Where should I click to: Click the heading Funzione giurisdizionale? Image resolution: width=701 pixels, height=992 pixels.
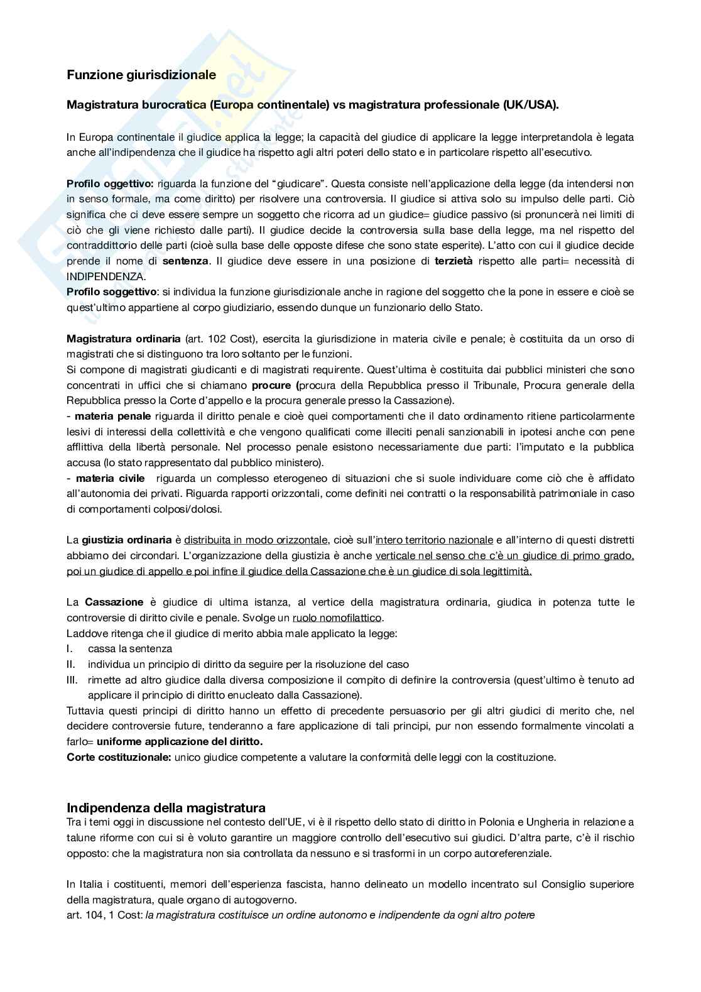pyautogui.click(x=141, y=75)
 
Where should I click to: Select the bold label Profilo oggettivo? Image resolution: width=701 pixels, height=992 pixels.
pyautogui.click(x=110, y=184)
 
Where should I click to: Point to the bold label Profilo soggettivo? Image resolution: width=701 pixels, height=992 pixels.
pyautogui.click(x=111, y=292)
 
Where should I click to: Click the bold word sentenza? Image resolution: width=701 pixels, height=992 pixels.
pyautogui.click(x=185, y=261)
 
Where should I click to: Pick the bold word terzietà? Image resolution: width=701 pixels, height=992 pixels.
pyautogui.click(x=454, y=261)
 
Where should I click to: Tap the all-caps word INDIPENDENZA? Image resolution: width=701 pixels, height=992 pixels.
pyautogui.click(x=106, y=276)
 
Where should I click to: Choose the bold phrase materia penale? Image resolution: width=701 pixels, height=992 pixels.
pyautogui.click(x=113, y=416)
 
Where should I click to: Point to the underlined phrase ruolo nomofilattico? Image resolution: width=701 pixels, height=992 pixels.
pyautogui.click(x=337, y=618)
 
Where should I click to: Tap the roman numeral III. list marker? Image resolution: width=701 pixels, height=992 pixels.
pyautogui.click(x=72, y=680)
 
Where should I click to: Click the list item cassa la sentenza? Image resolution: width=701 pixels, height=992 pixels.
pyautogui.click(x=130, y=648)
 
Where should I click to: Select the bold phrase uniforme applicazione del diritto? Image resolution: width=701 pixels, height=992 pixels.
pyautogui.click(x=180, y=741)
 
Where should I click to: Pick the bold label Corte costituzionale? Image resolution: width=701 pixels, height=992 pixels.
pyautogui.click(x=119, y=757)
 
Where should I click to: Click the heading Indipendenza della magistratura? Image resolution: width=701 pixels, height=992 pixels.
pyautogui.click(x=166, y=807)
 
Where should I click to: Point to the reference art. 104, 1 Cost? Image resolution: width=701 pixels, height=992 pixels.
pyautogui.click(x=104, y=915)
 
